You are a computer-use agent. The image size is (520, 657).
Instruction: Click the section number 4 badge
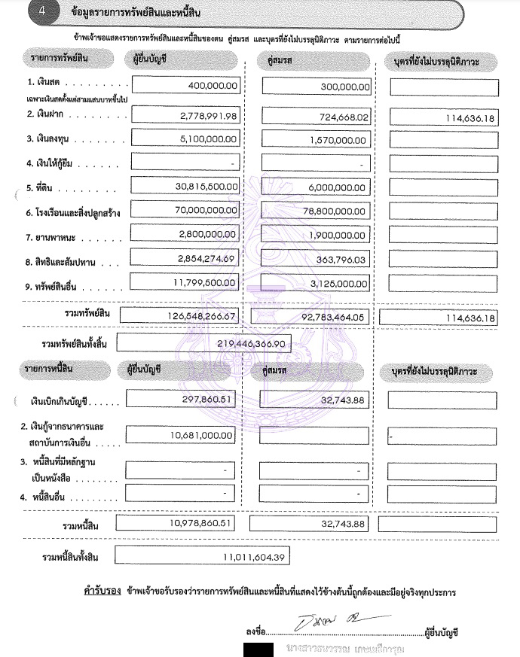[x=29, y=12]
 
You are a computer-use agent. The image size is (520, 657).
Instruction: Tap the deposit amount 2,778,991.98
[x=209, y=116]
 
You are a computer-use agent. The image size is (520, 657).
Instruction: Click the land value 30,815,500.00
[x=204, y=187]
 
